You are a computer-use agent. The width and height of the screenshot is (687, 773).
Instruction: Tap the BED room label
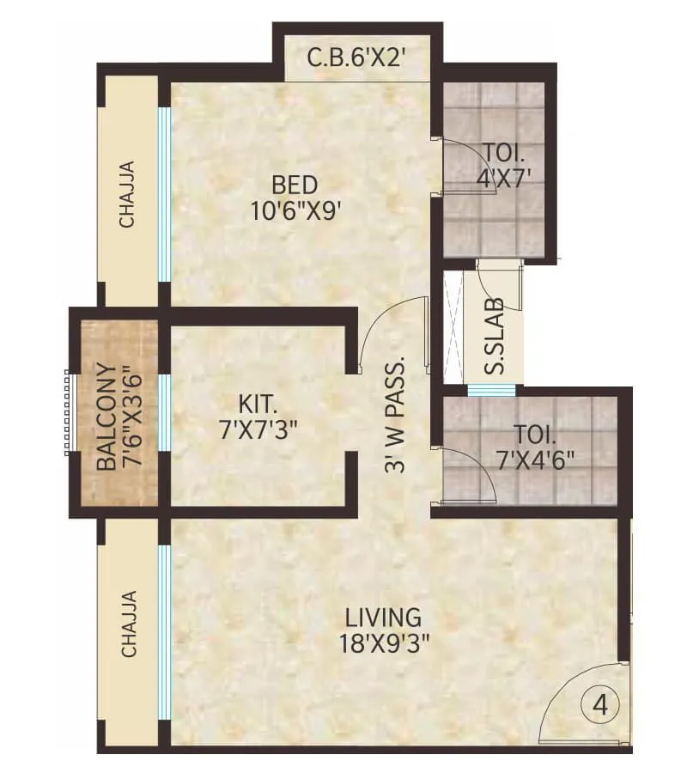tap(295, 185)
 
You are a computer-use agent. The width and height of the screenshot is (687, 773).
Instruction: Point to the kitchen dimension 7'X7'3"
tap(258, 427)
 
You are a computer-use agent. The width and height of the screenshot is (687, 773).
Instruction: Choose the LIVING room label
tap(383, 617)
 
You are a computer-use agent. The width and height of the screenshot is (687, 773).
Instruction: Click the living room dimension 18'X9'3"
tap(383, 642)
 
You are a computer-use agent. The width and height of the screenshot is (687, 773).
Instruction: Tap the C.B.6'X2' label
tap(356, 59)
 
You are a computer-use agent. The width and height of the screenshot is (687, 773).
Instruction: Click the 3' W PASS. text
tap(394, 414)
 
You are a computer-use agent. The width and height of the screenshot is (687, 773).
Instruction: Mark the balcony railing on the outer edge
tap(67, 413)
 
